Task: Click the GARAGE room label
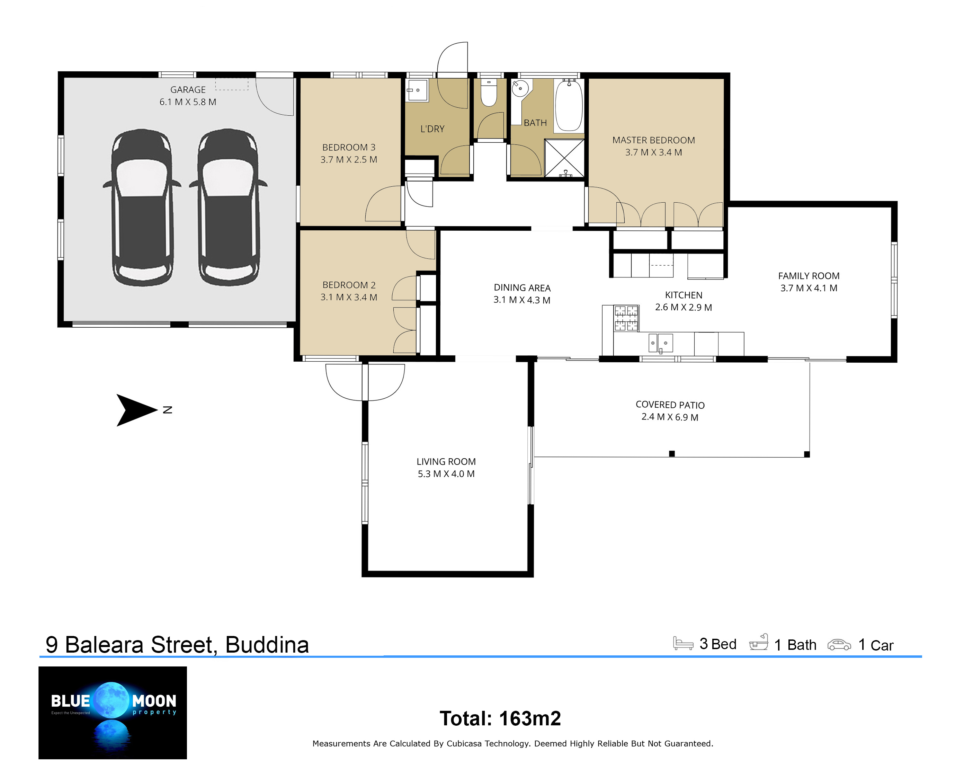click(x=188, y=90)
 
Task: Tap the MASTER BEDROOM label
click(x=653, y=140)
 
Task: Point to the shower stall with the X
click(x=564, y=158)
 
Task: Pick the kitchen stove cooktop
click(x=626, y=319)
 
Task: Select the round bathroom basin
click(x=520, y=88)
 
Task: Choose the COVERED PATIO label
click(x=670, y=405)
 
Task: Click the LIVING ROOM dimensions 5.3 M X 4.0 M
click(x=446, y=474)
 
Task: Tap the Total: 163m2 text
click(x=500, y=718)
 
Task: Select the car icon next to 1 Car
click(x=839, y=644)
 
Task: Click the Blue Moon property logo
click(x=113, y=713)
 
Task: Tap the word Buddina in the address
click(x=267, y=644)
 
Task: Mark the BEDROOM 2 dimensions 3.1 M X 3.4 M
click(x=348, y=297)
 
